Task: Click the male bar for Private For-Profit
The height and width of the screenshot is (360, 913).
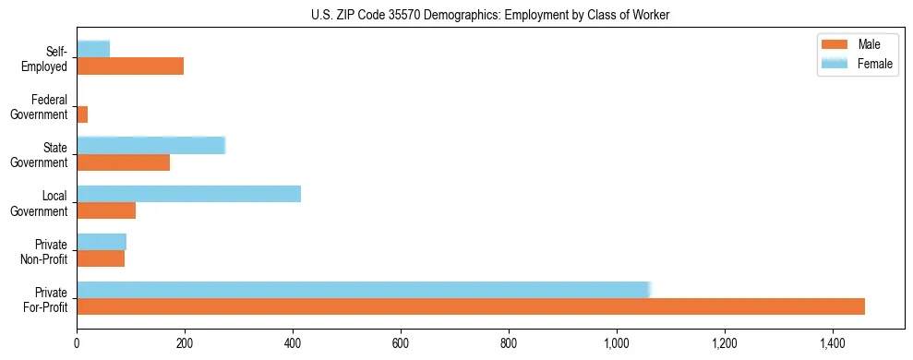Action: [x=471, y=306]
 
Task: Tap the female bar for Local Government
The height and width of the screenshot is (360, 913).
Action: [x=188, y=194]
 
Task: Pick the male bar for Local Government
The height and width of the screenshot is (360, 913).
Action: [x=106, y=210]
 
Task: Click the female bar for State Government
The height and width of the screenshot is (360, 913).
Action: [x=150, y=146]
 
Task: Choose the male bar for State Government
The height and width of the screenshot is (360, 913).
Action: [x=123, y=162]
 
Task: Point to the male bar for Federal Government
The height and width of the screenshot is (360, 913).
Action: [x=82, y=114]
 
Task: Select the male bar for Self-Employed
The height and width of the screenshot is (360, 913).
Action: [x=130, y=66]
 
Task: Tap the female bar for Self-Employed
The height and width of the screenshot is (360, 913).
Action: [x=93, y=49]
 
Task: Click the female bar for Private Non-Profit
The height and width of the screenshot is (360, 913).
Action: [x=102, y=242]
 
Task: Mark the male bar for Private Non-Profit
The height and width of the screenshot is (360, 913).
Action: [x=101, y=258]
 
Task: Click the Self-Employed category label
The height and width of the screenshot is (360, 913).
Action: [x=47, y=59]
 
